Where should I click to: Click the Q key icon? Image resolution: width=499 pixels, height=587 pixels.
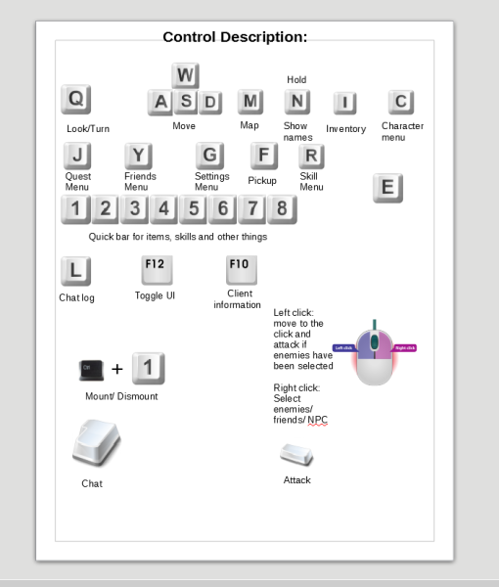click(76, 99)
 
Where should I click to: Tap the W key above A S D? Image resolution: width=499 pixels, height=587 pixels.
click(186, 75)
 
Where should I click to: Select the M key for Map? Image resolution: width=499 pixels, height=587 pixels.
click(251, 101)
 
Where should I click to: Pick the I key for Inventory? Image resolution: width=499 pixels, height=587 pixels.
click(346, 104)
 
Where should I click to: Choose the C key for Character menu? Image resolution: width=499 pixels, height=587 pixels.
click(401, 102)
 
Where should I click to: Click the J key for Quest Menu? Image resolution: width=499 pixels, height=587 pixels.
click(77, 156)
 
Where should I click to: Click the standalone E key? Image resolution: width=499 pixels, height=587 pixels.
click(388, 188)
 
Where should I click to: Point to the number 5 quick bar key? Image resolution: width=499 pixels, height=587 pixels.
click(194, 208)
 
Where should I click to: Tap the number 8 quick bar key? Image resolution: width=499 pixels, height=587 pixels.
click(282, 208)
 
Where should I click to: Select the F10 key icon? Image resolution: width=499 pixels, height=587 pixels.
click(240, 268)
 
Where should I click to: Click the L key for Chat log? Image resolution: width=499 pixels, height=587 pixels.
click(76, 271)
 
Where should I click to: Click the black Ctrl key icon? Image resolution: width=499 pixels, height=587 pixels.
click(91, 369)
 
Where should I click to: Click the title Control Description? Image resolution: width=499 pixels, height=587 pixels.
click(235, 37)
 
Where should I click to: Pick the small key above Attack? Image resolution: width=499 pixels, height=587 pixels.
click(296, 454)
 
